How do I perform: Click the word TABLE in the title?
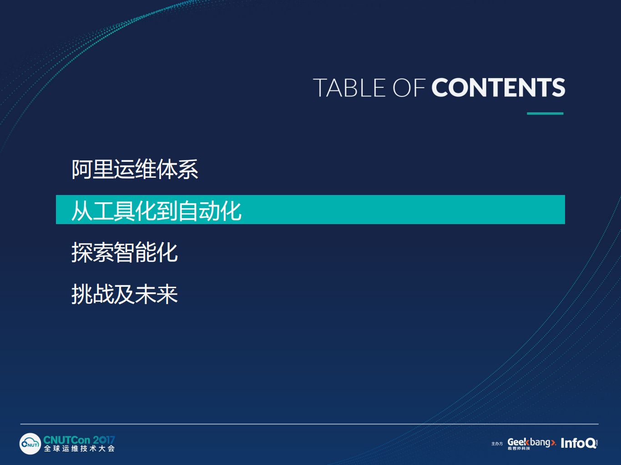pos(349,88)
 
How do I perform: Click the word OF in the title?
pos(409,88)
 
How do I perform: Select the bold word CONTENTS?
pos(498,88)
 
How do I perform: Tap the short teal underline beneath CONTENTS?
pos(545,113)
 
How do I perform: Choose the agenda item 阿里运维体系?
pos(135,169)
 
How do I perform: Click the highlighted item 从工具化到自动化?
pos(156,210)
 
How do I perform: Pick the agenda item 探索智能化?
pos(124,252)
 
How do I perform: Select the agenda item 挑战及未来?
pos(124,294)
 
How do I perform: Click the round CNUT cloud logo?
pos(30,444)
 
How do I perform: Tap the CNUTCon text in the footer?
pos(66,440)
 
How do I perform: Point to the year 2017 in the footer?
pos(104,440)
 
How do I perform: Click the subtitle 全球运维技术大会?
pos(79,449)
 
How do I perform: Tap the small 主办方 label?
pos(497,444)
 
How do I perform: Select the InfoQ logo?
pos(578,443)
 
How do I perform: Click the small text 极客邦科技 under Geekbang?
pos(519,449)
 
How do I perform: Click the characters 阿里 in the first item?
pos(92,169)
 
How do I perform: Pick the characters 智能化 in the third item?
pos(146,252)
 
